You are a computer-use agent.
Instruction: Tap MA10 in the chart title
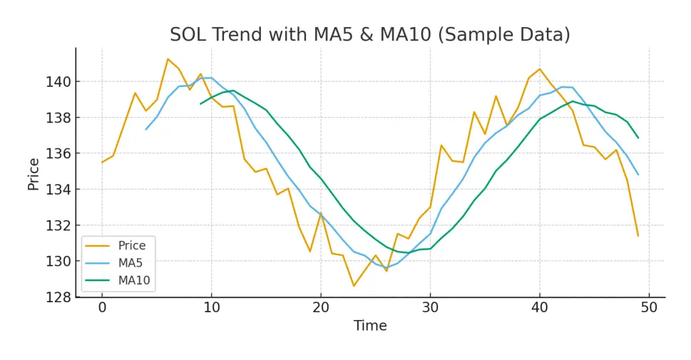379,34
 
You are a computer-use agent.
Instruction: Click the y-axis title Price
34,173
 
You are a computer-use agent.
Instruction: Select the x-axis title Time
370,326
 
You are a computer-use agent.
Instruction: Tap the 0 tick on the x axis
102,307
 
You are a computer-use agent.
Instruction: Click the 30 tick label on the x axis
430,307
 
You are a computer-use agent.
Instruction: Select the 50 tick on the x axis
649,307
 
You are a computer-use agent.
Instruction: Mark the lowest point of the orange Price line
354,286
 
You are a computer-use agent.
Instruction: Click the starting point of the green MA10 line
200,103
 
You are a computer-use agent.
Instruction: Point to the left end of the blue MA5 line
145,129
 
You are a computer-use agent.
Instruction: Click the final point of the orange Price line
638,235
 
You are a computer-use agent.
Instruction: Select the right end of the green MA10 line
638,138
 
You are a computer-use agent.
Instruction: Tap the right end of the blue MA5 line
638,175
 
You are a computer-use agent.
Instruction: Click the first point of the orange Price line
102,162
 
